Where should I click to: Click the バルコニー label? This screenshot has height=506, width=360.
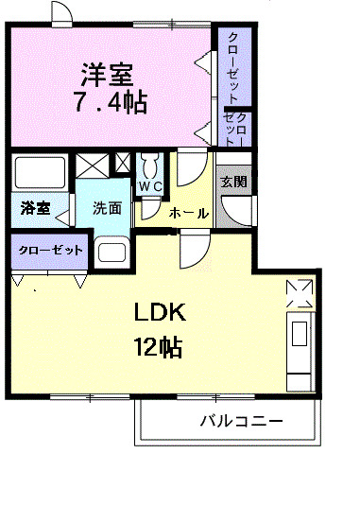coord(240,420)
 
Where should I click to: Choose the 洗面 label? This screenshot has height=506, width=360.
coord(106,208)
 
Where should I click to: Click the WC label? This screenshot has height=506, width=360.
coord(149,186)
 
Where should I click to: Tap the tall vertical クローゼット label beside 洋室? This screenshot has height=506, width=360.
coord(231,66)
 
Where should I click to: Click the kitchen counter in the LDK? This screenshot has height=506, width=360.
coord(300,346)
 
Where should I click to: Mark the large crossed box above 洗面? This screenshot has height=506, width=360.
coord(93,164)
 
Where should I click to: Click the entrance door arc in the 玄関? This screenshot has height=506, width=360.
coord(240,208)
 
